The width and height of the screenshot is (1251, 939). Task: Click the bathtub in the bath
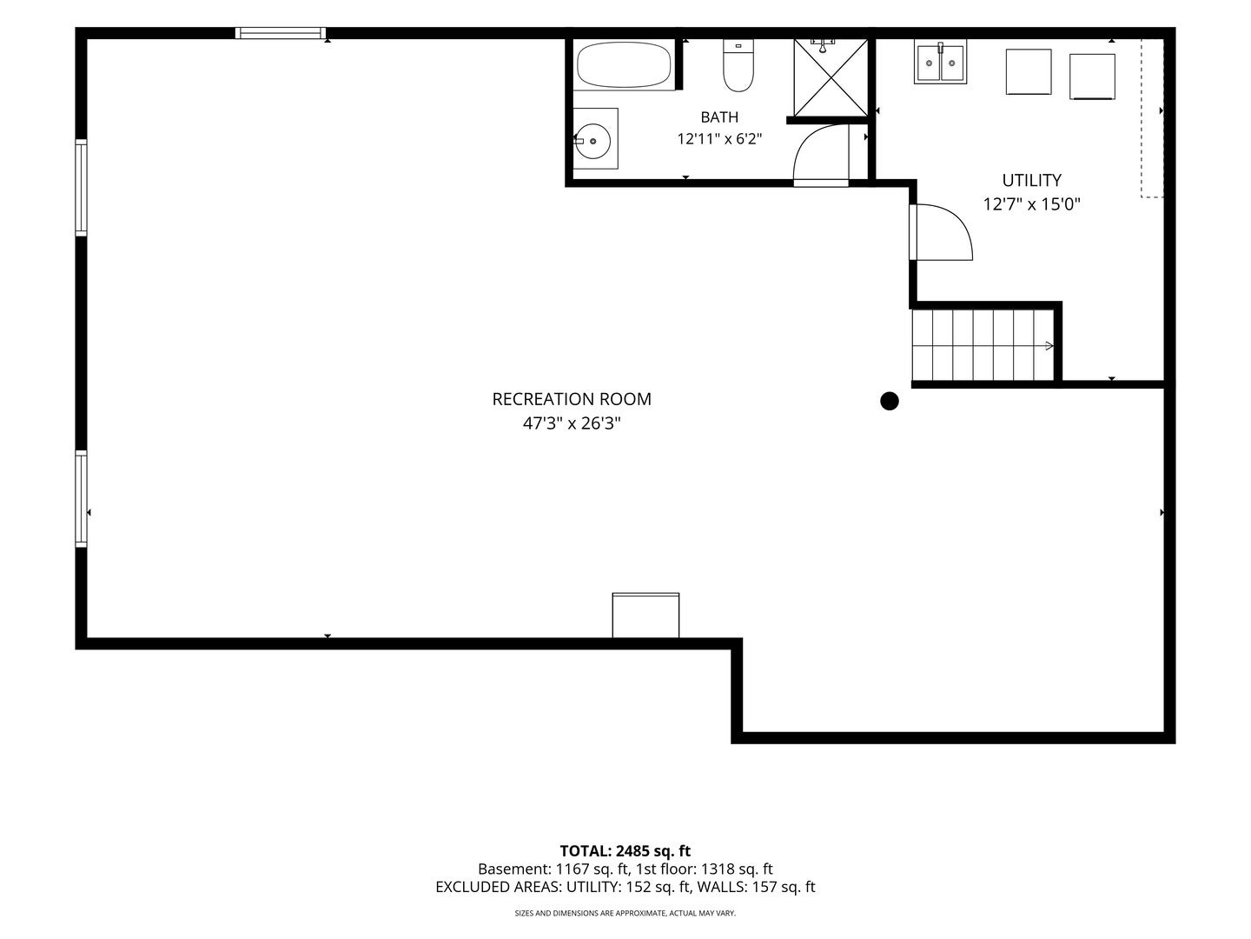pos(623,64)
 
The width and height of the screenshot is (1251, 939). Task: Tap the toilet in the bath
pos(738,65)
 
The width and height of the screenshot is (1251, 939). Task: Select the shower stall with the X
pos(831,78)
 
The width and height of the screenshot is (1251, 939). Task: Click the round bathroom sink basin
pos(592,140)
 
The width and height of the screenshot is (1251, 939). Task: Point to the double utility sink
pos(940,62)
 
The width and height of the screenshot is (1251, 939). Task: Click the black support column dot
pos(889,401)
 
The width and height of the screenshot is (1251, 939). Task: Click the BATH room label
pos(719,117)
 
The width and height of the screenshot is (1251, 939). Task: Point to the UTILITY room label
pos(1031,180)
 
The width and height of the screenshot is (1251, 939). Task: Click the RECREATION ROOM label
pos(572,399)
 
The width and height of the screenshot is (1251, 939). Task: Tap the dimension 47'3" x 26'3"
pos(572,423)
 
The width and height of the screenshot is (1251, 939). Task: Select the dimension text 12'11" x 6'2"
pos(719,138)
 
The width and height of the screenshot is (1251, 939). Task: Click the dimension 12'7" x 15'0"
pos(1031,204)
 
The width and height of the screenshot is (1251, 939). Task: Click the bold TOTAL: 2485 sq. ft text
pos(625,851)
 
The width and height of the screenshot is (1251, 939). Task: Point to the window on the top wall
pos(281,33)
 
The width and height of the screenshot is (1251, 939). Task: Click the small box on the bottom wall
pos(645,616)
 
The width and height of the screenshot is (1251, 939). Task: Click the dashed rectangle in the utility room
pos(1152,118)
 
